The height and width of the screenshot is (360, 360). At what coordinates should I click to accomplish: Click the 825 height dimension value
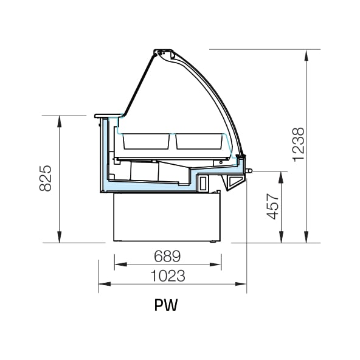(46, 178)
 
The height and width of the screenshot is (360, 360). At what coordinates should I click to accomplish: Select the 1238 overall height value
(299, 145)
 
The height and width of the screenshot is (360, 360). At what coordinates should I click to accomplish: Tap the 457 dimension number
(272, 207)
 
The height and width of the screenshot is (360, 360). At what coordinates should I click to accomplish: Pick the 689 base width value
(167, 256)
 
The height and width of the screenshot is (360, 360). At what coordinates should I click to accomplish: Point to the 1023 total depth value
(168, 275)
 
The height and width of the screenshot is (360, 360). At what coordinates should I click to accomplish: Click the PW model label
(166, 305)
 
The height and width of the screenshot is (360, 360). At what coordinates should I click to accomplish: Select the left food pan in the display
(146, 141)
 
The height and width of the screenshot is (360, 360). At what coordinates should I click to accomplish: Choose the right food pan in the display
(199, 141)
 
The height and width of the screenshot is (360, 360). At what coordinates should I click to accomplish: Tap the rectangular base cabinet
(167, 217)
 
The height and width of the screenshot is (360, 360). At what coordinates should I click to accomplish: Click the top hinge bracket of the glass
(164, 54)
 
